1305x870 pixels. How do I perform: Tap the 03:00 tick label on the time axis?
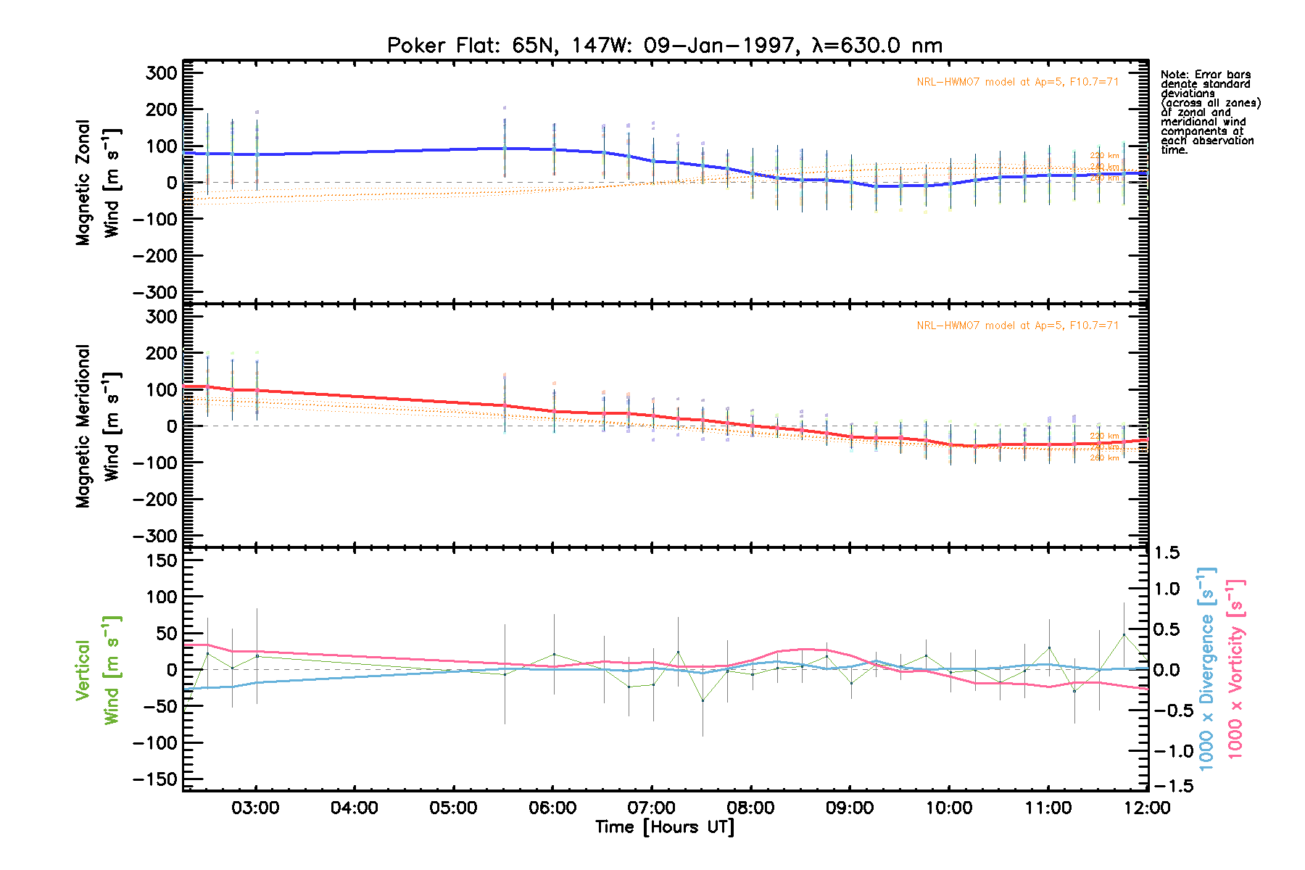(x=255, y=808)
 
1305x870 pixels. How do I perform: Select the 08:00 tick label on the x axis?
(x=750, y=808)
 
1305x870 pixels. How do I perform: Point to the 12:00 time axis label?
(x=1147, y=808)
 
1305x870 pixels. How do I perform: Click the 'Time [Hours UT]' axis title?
(x=664, y=827)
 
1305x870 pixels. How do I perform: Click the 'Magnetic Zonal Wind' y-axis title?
(x=97, y=183)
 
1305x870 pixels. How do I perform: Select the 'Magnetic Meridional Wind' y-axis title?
(x=97, y=426)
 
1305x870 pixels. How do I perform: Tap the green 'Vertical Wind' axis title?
(x=97, y=670)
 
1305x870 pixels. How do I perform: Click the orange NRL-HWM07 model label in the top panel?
(x=1017, y=82)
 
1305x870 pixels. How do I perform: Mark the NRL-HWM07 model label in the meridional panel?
(x=1017, y=326)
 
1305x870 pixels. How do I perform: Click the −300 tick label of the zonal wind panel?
(x=154, y=292)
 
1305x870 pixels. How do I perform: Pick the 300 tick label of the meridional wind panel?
(x=161, y=317)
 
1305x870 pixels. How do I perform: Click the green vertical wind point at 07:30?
(x=702, y=700)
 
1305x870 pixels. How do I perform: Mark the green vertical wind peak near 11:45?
(x=1124, y=635)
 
